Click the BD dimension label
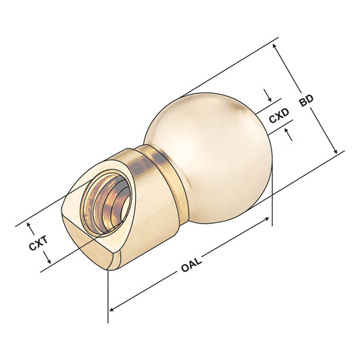click(x=306, y=99)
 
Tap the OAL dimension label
click(x=192, y=265)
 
